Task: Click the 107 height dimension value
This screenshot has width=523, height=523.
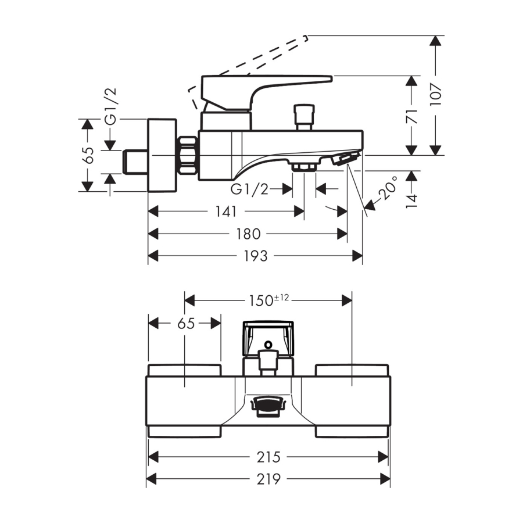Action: pyautogui.click(x=436, y=95)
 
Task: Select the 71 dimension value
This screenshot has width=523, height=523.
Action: pyautogui.click(x=413, y=116)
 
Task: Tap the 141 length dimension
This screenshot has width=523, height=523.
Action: pyautogui.click(x=226, y=212)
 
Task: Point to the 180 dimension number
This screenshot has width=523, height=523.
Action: pyautogui.click(x=249, y=234)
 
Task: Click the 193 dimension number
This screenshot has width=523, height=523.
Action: pyautogui.click(x=256, y=256)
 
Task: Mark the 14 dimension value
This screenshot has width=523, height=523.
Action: pyautogui.click(x=412, y=201)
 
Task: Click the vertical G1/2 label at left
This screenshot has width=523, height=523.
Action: pyautogui.click(x=111, y=106)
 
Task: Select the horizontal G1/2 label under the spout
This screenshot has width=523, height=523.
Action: pyautogui.click(x=249, y=189)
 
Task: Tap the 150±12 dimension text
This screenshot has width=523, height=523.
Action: pyautogui.click(x=269, y=300)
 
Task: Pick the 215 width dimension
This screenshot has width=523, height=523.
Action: pyautogui.click(x=268, y=457)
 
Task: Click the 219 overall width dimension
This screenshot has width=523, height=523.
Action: pyautogui.click(x=268, y=479)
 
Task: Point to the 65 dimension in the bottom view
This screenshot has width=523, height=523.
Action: pyautogui.click(x=186, y=323)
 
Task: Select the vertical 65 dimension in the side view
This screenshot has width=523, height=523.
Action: pyautogui.click(x=89, y=155)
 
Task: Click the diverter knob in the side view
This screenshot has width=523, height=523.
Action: pyautogui.click(x=303, y=117)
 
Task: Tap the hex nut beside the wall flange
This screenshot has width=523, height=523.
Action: pyautogui.click(x=188, y=155)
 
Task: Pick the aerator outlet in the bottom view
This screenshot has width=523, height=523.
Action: pyautogui.click(x=268, y=406)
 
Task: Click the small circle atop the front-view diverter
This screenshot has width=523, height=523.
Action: pyautogui.click(x=268, y=345)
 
